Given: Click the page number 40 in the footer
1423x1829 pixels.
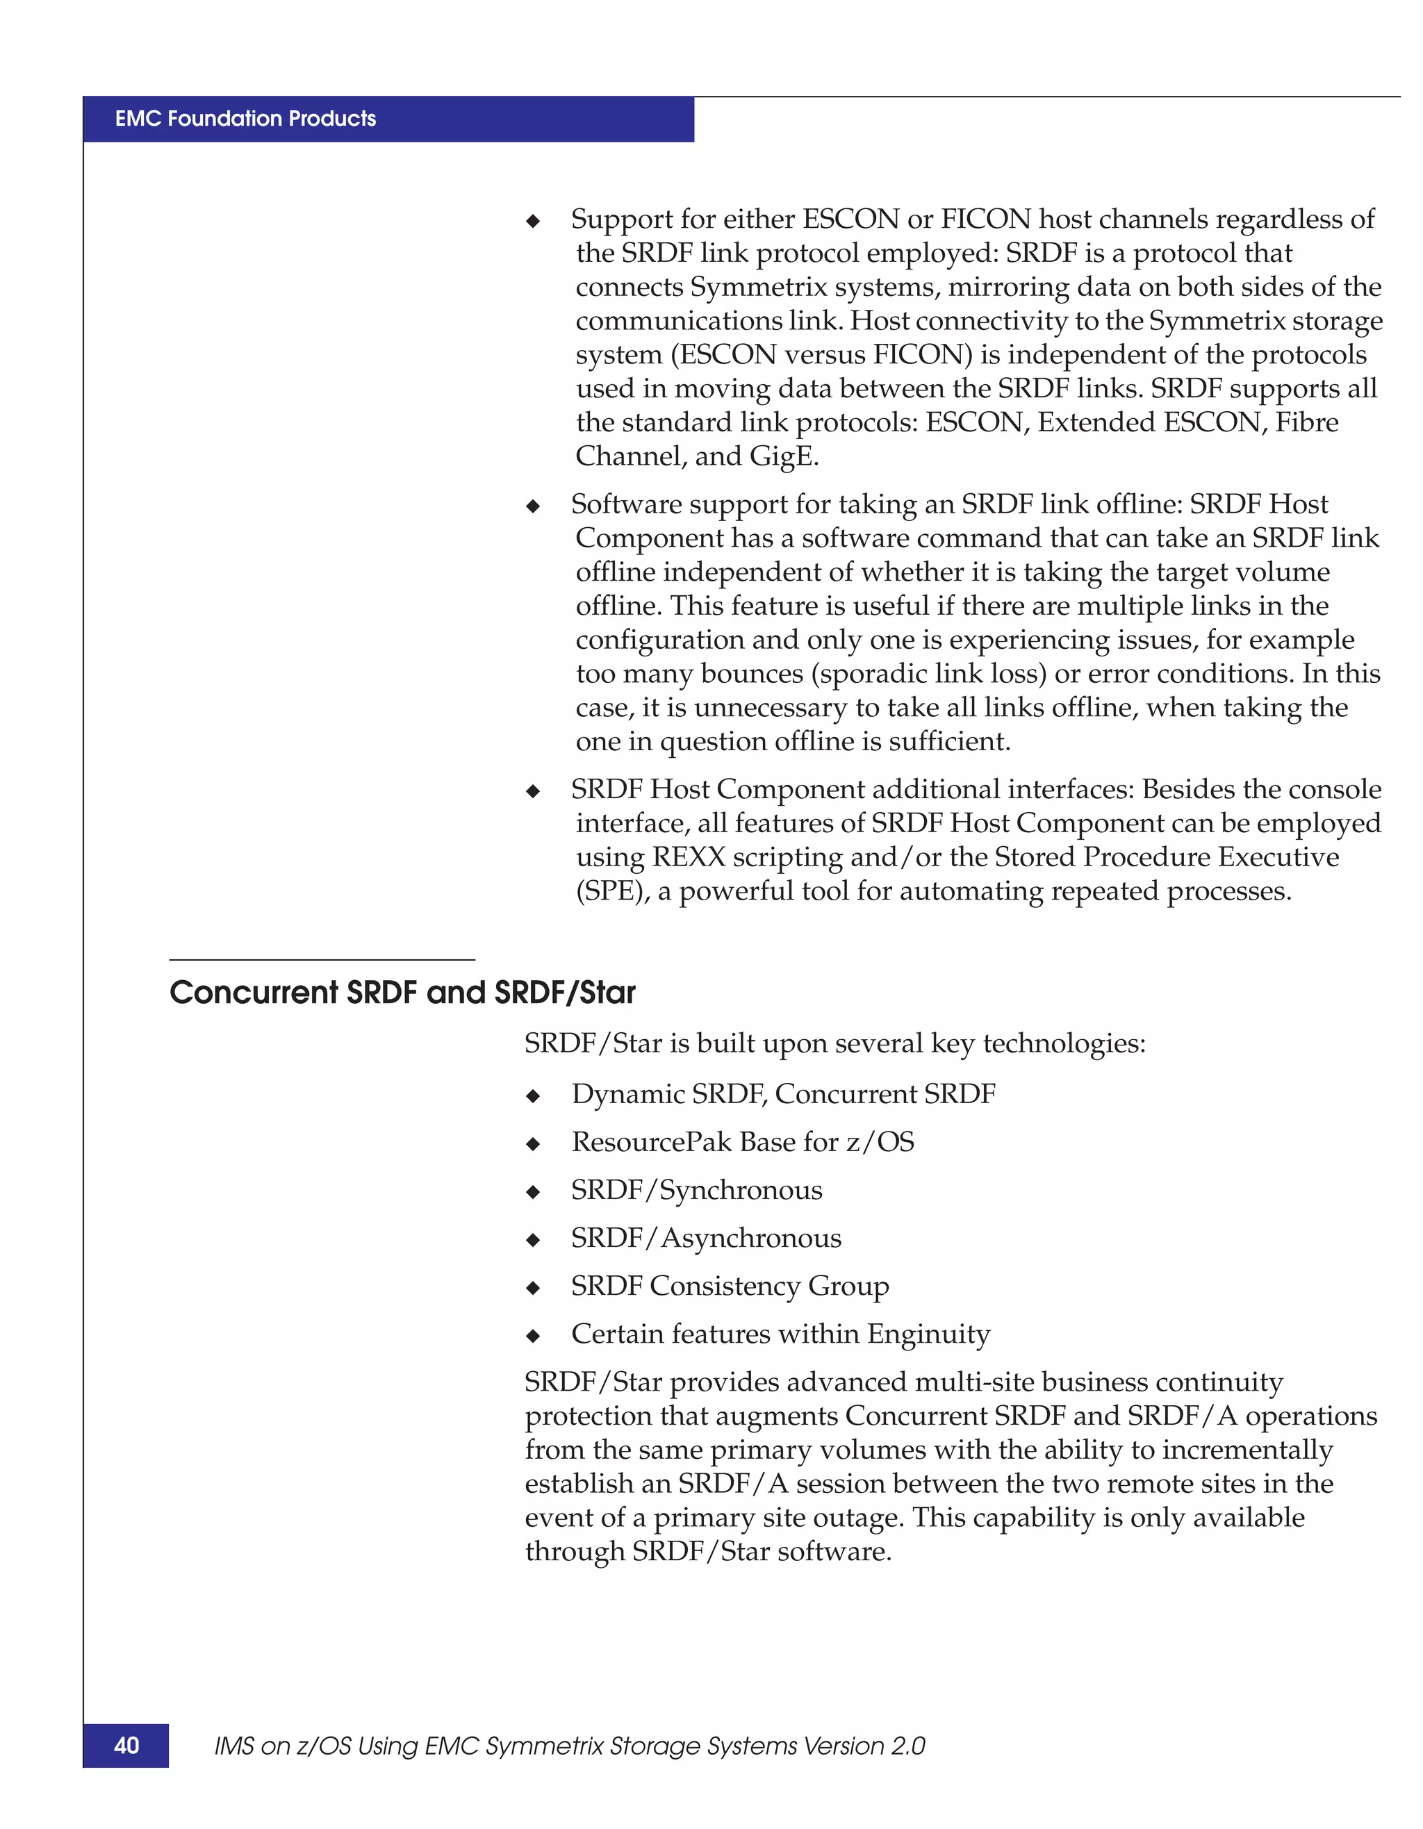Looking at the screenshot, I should point(126,1745).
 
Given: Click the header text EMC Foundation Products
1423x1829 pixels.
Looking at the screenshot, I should point(245,118).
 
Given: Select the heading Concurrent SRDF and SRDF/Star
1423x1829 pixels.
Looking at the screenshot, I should point(402,993).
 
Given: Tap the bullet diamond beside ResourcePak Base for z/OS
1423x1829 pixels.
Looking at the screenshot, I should point(533,1144).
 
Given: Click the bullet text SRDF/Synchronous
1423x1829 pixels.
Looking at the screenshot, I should point(696,1190).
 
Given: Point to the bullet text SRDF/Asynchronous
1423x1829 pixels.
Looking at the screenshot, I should point(705,1238).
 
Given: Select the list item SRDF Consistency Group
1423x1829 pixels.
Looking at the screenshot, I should point(730,1286).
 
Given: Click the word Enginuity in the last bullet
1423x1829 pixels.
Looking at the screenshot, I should point(928,1334).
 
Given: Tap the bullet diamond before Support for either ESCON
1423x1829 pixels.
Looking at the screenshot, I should point(533,221).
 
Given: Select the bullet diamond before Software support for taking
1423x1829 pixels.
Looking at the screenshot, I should point(533,506).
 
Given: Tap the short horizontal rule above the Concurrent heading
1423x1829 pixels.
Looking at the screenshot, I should point(322,960).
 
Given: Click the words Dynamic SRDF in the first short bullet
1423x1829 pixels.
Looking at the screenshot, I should point(668,1095).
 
